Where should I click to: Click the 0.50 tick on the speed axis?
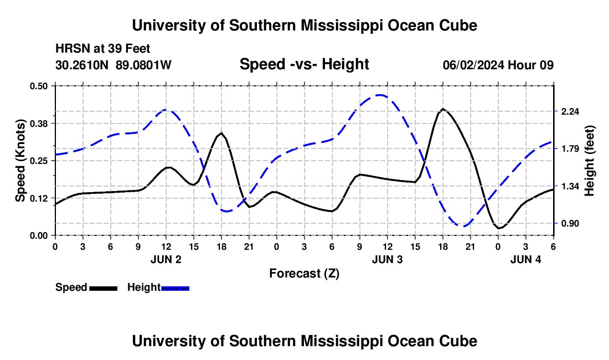click(x=39, y=85)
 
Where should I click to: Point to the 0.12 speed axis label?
click(x=39, y=198)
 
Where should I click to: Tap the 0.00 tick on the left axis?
click(x=39, y=235)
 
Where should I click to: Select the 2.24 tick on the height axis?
click(x=570, y=111)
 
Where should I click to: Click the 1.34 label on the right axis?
click(x=570, y=186)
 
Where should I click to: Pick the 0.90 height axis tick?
click(x=570, y=224)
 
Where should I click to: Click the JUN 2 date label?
click(x=166, y=259)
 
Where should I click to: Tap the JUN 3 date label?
click(x=388, y=259)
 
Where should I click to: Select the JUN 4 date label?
click(x=525, y=259)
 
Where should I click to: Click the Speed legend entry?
click(x=86, y=287)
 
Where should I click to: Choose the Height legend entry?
click(x=158, y=287)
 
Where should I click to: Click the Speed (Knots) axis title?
click(x=20, y=161)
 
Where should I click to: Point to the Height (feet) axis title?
click(x=590, y=161)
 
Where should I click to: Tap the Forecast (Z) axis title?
click(x=304, y=273)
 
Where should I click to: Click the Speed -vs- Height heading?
click(x=304, y=65)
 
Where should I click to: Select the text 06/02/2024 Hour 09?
click(x=498, y=65)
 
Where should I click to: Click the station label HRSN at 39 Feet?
click(x=102, y=49)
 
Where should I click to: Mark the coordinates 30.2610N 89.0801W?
click(x=113, y=65)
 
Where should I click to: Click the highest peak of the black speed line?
click(x=443, y=109)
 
